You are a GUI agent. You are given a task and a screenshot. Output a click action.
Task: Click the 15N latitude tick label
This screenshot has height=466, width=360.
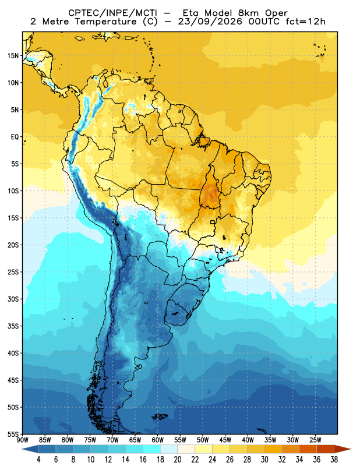13,55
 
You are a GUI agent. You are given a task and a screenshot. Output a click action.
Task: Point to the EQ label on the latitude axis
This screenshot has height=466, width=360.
15,137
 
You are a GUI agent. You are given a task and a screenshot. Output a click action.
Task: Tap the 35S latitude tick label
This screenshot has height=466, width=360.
13,326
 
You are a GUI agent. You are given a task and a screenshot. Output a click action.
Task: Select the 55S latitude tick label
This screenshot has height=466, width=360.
13,434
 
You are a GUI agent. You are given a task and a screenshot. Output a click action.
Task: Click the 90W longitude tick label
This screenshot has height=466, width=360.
22,440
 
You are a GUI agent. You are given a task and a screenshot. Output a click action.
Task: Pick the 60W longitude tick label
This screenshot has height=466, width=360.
157,440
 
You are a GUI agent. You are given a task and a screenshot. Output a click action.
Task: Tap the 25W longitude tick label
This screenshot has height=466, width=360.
315,440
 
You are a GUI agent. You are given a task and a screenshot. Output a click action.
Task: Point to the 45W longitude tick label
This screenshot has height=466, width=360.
225,440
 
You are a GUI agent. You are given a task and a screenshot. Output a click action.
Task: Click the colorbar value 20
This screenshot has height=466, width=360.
178,460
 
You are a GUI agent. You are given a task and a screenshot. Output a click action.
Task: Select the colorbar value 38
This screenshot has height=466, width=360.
334,460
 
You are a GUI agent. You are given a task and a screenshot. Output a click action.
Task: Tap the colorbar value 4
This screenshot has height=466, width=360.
38,460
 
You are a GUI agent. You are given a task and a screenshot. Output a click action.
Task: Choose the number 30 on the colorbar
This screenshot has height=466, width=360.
264,460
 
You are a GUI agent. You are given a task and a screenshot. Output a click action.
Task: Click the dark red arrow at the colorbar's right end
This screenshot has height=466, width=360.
342,449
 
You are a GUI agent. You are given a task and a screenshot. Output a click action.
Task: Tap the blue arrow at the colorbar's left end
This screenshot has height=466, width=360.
30,449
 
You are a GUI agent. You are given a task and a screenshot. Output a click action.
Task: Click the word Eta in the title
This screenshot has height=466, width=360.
192,13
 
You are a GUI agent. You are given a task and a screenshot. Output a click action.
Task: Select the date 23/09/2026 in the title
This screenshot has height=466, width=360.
210,22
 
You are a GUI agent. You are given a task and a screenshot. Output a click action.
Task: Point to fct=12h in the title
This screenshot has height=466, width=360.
305,22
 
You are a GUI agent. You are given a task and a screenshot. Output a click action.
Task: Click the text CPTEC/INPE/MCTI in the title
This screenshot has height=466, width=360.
112,13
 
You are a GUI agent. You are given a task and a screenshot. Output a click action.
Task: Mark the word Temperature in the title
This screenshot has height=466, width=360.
105,22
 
